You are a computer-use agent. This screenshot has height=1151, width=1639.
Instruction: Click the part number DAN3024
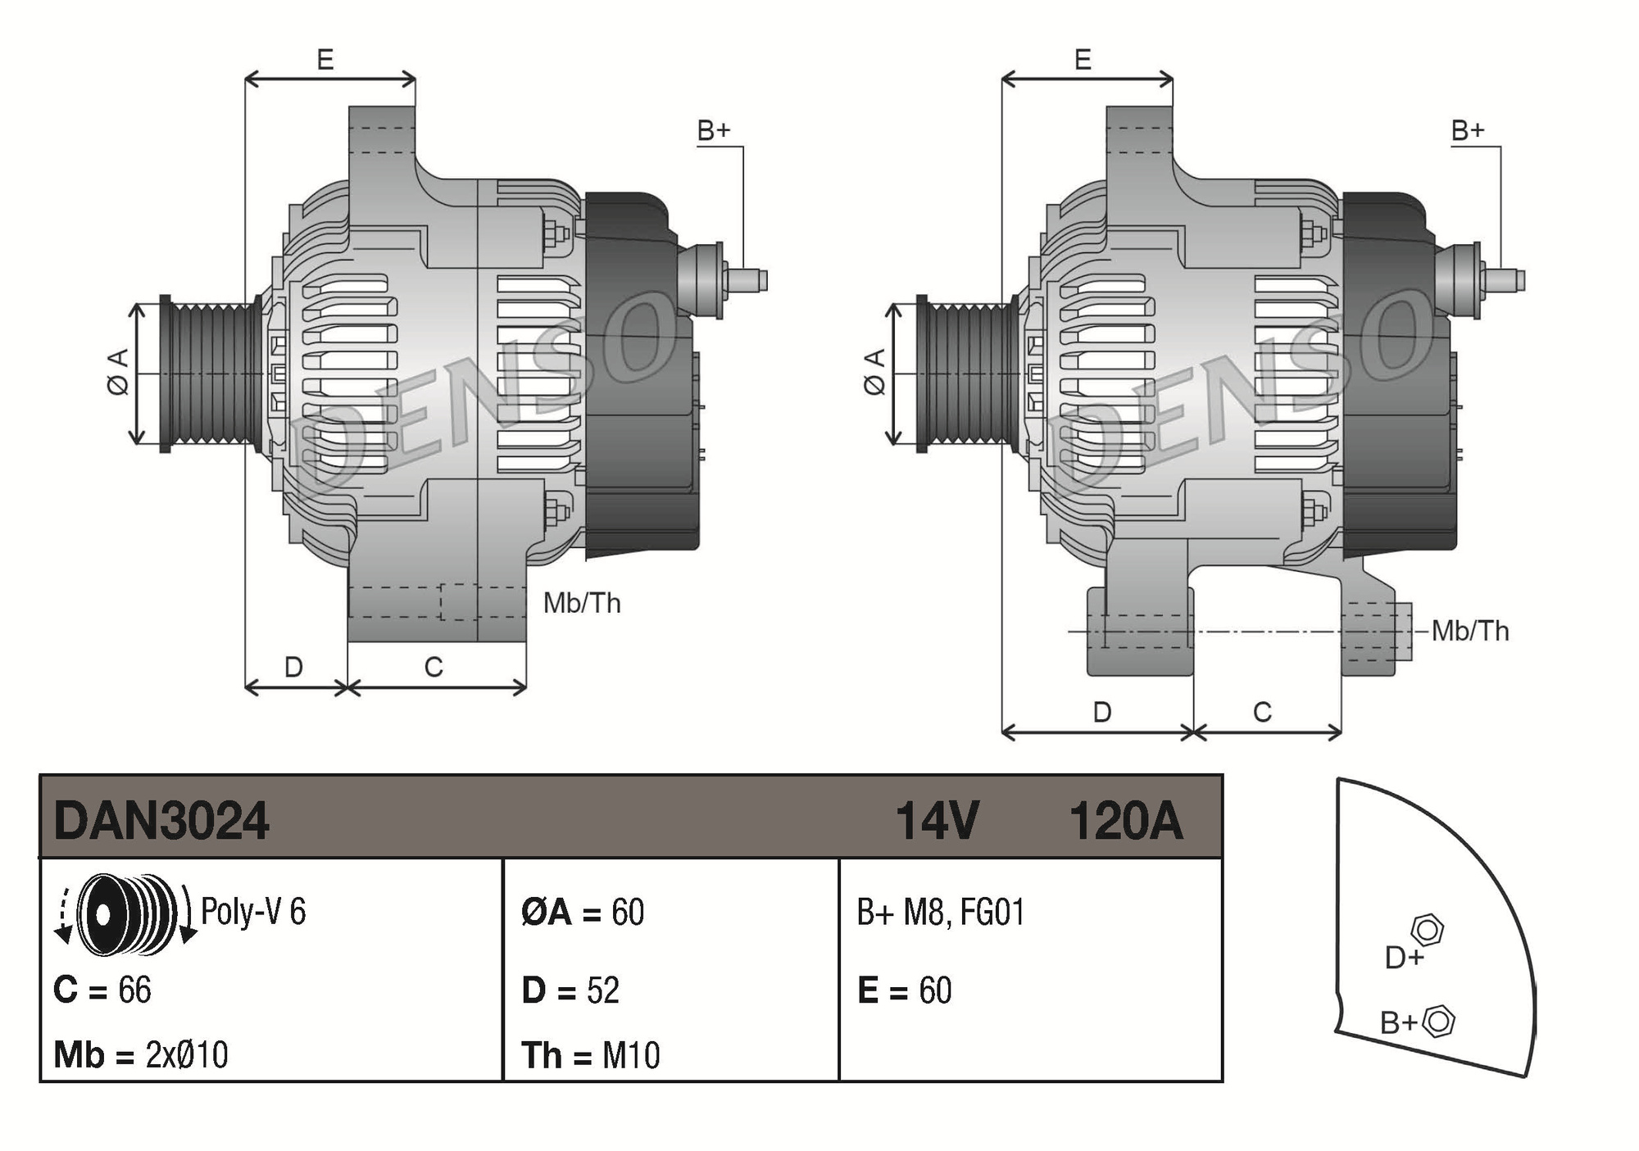(161, 821)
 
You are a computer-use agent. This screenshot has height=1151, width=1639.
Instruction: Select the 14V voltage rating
(937, 821)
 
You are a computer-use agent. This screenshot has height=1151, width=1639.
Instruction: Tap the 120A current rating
(1126, 821)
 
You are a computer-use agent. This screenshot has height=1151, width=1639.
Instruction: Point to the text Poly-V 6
(253, 912)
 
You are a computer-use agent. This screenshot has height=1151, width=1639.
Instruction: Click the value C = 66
(102, 990)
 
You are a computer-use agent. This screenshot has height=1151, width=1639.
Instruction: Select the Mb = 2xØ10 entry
(141, 1055)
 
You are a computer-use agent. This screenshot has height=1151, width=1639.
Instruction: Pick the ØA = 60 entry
(583, 913)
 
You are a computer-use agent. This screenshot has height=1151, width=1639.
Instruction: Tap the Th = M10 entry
(590, 1055)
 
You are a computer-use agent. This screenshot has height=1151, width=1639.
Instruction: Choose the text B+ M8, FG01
(941, 913)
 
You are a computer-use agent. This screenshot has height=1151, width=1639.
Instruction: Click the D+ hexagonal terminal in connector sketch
(1427, 931)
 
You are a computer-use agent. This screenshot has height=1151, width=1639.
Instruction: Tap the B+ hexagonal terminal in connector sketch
(1438, 1022)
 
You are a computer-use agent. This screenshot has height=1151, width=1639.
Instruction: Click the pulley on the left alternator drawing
(210, 374)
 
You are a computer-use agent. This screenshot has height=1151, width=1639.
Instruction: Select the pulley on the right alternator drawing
(967, 374)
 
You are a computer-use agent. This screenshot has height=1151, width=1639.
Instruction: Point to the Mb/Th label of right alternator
(1470, 631)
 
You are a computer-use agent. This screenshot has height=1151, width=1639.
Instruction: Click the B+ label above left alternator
(713, 130)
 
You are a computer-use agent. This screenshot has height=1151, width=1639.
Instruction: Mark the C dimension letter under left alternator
(434, 668)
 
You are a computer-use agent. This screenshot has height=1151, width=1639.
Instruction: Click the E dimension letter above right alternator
(1083, 60)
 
